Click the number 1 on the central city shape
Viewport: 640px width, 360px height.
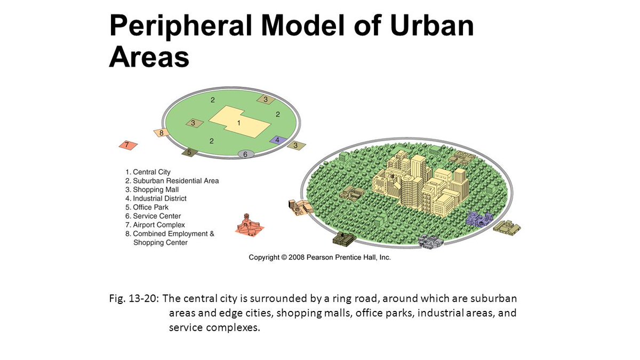click(239, 123)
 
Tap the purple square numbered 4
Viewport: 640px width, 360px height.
click(277, 140)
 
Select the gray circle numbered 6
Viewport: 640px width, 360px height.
click(245, 154)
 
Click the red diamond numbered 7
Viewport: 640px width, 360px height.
click(127, 145)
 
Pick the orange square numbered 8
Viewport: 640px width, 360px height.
click(161, 133)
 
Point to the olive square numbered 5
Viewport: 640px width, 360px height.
click(189, 153)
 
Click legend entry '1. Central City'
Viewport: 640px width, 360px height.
click(148, 172)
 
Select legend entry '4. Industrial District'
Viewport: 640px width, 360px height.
click(156, 198)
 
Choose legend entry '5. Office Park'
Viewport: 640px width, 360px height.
click(147, 207)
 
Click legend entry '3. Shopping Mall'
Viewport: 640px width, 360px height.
click(152, 190)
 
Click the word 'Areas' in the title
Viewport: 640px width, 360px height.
click(149, 57)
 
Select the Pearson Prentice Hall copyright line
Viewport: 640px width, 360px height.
click(320, 257)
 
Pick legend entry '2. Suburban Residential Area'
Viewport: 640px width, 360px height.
click(172, 181)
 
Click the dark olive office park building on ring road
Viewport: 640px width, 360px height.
click(344, 238)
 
